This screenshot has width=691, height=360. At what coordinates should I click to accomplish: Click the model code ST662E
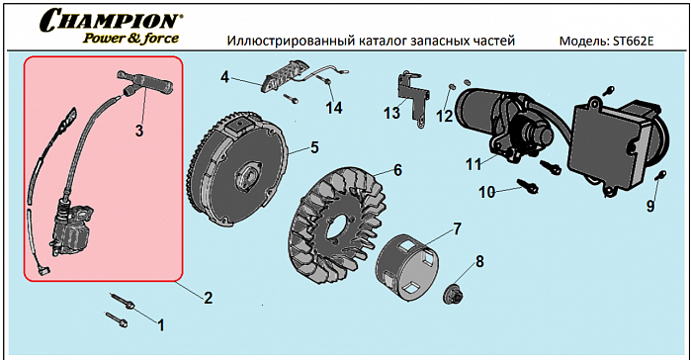point(647,43)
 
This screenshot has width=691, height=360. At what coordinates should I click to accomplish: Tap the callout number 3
point(139,130)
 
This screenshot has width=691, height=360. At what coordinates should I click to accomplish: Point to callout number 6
point(396,169)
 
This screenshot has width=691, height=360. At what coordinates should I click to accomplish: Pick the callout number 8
point(479,262)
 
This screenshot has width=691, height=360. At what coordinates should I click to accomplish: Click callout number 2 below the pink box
point(208,298)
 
